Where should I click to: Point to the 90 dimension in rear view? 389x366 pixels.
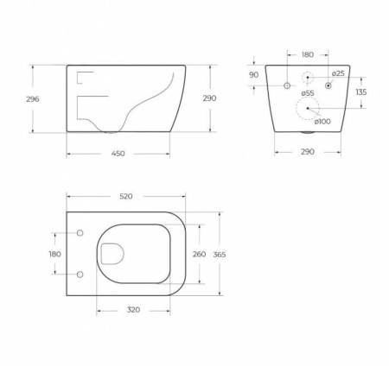tap(254, 75)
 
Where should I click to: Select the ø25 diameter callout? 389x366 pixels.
tap(339, 73)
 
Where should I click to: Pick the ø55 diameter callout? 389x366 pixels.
tap(307, 92)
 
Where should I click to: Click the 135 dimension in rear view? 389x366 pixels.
tap(361, 92)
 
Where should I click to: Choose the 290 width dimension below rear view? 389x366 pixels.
tap(309, 151)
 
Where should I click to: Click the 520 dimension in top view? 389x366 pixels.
tap(125, 196)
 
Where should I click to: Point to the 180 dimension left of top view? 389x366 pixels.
tap(54, 254)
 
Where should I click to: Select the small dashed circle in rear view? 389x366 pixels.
tap(308, 79)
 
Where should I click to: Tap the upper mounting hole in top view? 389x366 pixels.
tap(80, 234)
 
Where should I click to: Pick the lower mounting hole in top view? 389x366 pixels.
tap(80, 274)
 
